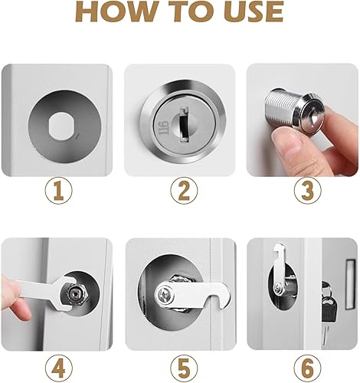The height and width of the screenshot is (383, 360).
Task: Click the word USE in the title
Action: pos(253,11)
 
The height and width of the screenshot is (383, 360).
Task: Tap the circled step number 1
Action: pos(59,191)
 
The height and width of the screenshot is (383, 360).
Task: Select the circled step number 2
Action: pos(184,191)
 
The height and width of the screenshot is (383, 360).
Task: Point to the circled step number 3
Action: pos(307,191)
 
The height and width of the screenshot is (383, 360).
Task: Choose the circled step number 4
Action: pos(59,368)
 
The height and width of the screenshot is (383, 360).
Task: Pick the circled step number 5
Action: pos(184,368)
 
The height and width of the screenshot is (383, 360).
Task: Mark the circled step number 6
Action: pos(307,368)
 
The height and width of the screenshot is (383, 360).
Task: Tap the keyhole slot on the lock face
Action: pos(183,125)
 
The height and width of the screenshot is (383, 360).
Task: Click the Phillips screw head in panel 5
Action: pos(165,293)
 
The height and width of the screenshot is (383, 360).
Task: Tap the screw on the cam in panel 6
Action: pos(278,289)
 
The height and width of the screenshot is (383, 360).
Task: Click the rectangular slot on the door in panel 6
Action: pos(350,284)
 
